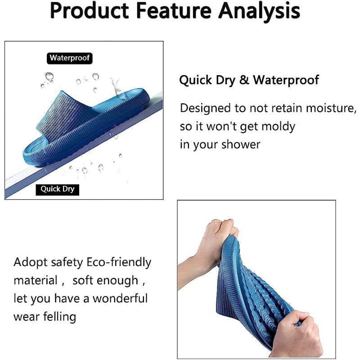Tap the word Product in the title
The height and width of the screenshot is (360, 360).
click(90, 10)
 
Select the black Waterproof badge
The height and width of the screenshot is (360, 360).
click(70, 58)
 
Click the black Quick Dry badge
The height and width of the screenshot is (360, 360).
click(58, 189)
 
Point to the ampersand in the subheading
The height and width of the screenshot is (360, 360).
click(244, 80)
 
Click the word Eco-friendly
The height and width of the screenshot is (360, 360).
click(119, 262)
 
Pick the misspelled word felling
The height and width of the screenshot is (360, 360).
click(59, 317)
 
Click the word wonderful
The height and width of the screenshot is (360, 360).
click(120, 298)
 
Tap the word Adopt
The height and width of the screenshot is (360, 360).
click(31, 263)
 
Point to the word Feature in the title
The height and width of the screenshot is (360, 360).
click(174, 10)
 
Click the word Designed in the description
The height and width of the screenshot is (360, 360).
click(205, 108)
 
